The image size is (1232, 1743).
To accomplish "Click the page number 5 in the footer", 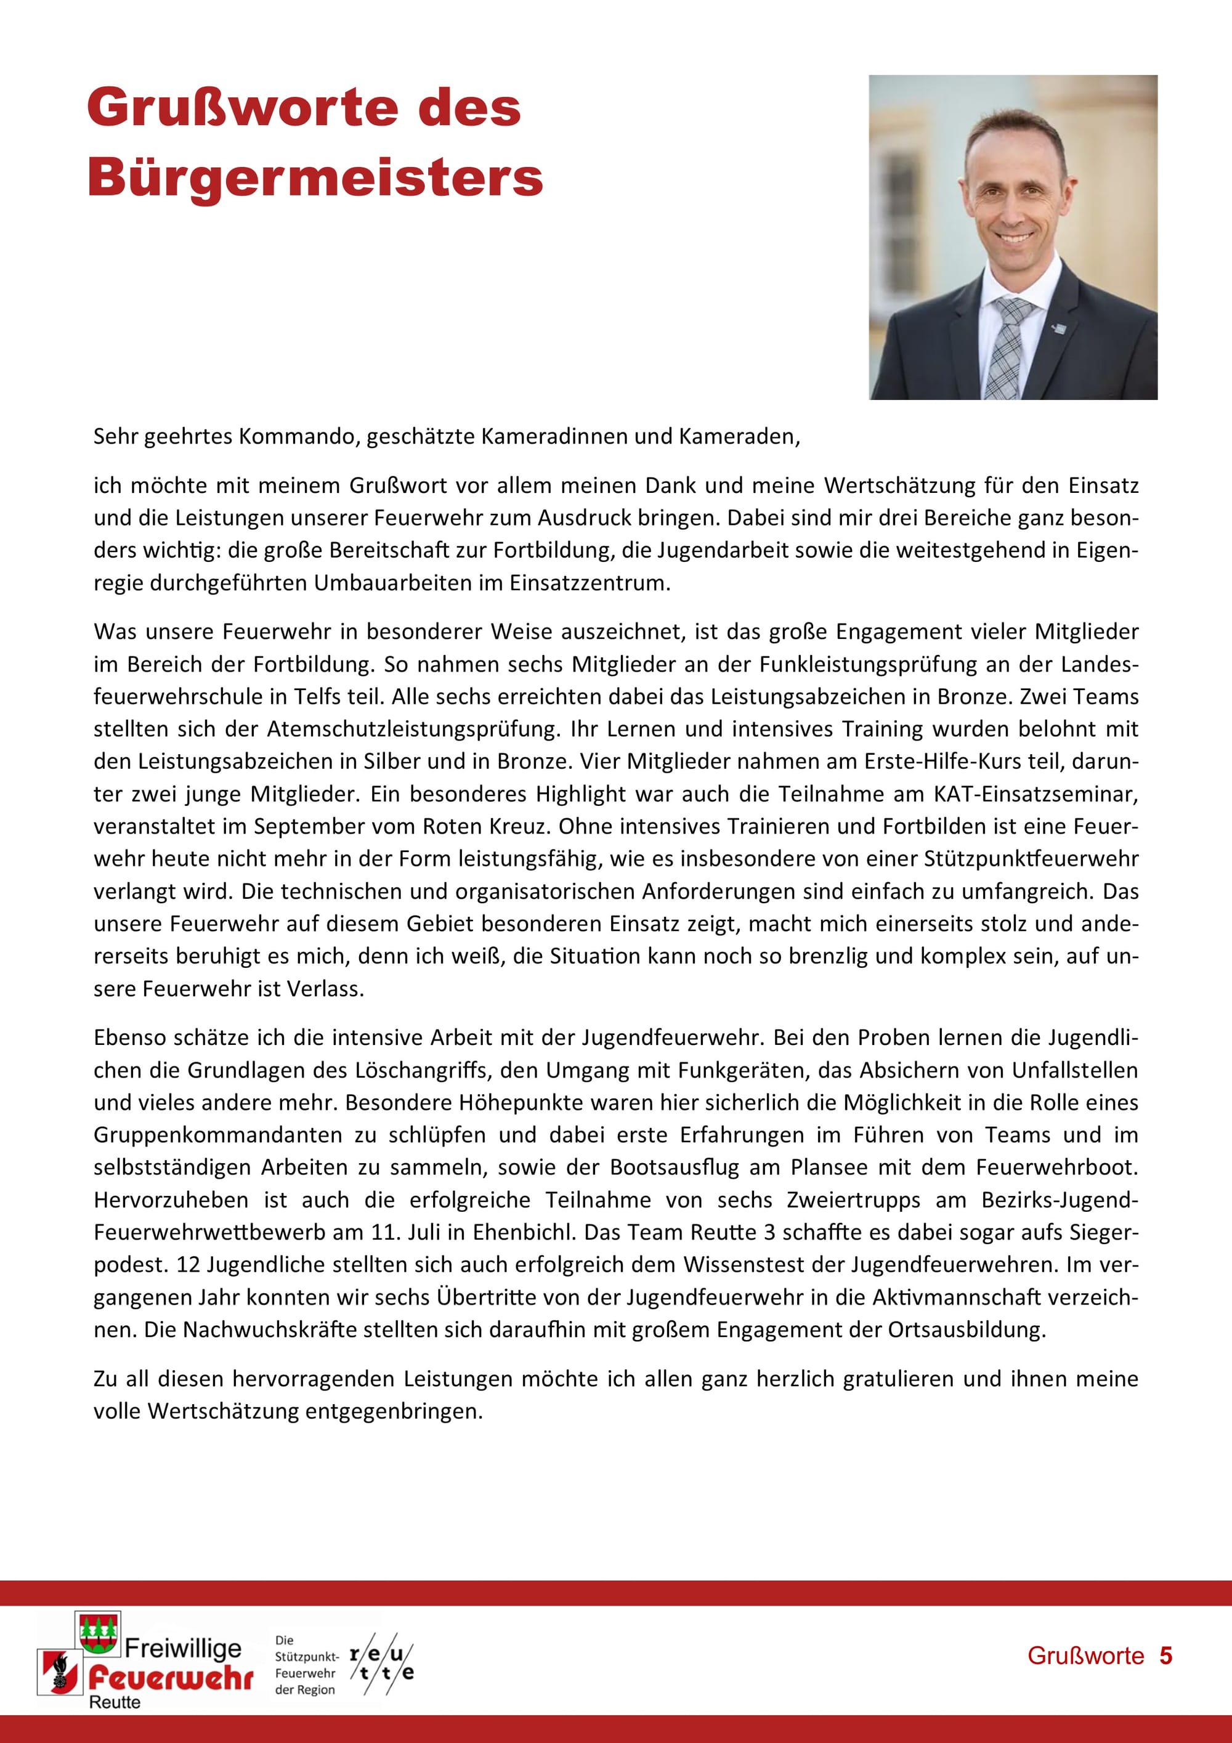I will [x=1165, y=1656].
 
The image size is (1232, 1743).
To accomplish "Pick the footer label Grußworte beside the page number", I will [x=1085, y=1656].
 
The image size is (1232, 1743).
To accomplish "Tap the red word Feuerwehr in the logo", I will [x=171, y=1678].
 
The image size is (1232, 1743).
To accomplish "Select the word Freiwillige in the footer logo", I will [x=183, y=1648].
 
